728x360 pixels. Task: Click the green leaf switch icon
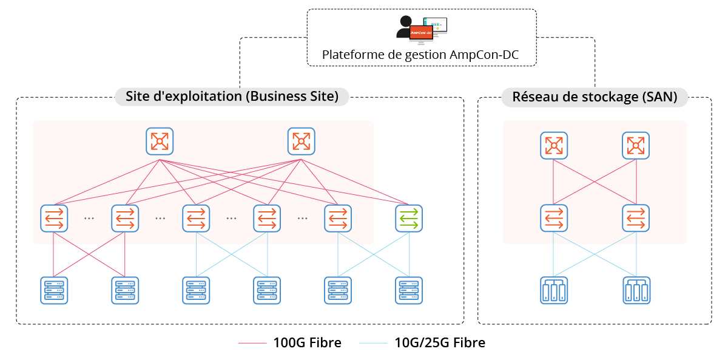click(409, 218)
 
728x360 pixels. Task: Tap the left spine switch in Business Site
click(160, 141)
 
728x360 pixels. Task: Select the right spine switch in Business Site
click(301, 141)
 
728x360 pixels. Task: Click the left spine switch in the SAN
click(554, 146)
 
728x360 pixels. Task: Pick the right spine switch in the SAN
click(636, 146)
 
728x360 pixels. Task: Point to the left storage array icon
click(554, 290)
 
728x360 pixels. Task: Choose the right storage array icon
click(636, 290)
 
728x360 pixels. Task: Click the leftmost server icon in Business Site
click(54, 290)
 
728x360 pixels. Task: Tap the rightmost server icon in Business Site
click(409, 290)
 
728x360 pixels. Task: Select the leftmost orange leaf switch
click(54, 218)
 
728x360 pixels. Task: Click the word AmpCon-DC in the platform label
click(484, 55)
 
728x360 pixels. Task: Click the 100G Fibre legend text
click(307, 343)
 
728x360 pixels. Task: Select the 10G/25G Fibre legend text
click(440, 343)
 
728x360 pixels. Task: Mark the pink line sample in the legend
click(252, 344)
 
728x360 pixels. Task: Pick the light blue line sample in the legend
click(373, 344)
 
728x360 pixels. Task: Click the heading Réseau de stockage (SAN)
click(595, 97)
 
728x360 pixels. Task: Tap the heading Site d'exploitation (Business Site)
click(232, 97)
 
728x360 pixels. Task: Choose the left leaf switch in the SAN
click(554, 218)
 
